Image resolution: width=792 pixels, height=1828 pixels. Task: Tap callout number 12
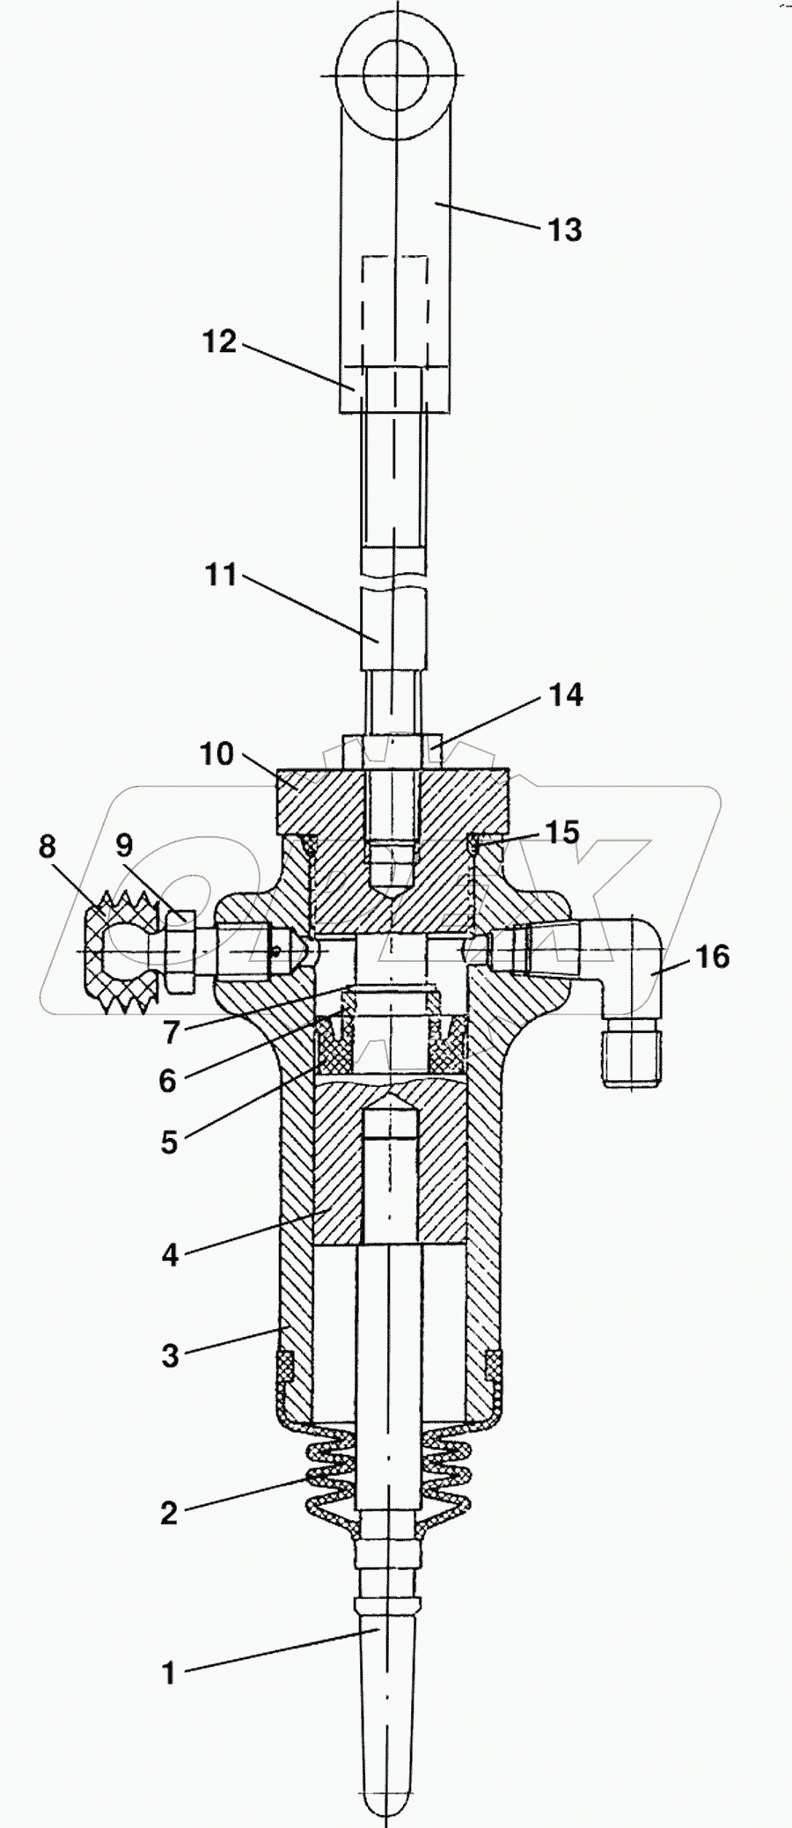[x=220, y=341]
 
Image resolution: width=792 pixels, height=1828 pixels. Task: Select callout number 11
[x=221, y=576]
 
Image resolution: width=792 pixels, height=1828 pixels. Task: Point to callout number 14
[x=566, y=695]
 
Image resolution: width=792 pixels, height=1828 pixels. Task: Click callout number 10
[x=217, y=754]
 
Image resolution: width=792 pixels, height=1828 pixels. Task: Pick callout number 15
[x=562, y=832]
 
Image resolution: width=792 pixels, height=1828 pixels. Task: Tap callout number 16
[x=714, y=957]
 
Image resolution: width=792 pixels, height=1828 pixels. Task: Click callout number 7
[x=170, y=1032]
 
